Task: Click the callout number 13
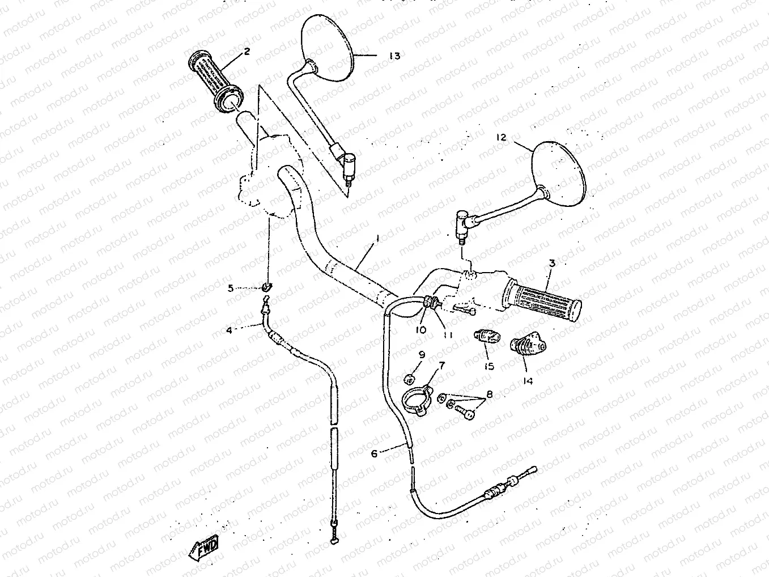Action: point(394,56)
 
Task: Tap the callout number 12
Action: point(500,137)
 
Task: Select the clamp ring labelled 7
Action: point(417,399)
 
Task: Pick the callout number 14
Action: point(528,381)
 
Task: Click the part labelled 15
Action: point(486,338)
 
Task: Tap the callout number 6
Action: point(374,453)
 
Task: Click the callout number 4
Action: point(229,330)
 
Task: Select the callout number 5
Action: point(231,288)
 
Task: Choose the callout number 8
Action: point(489,393)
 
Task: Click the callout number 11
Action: point(448,334)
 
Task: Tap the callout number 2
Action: point(247,52)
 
